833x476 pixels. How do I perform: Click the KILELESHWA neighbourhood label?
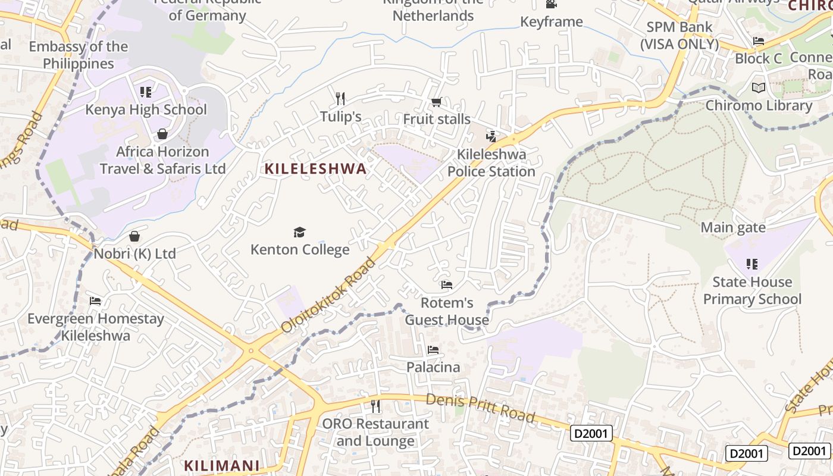click(x=315, y=169)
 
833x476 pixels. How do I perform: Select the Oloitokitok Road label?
click(x=330, y=295)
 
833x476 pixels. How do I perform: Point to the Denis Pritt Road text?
click(x=481, y=408)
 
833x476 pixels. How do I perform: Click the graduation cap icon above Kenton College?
click(x=299, y=232)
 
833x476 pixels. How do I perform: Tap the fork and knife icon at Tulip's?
click(x=340, y=98)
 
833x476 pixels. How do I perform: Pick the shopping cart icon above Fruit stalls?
click(x=436, y=102)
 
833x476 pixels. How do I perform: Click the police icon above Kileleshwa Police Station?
click(x=491, y=137)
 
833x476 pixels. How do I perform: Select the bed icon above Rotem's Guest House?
click(x=447, y=285)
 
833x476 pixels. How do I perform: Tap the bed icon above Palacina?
click(x=433, y=350)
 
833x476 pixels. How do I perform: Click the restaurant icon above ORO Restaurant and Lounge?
click(x=375, y=406)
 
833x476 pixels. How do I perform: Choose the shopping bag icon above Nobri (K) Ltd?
click(x=134, y=236)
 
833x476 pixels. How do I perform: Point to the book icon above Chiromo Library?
click(x=758, y=88)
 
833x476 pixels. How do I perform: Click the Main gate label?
click(x=733, y=227)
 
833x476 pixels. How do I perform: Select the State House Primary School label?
click(x=752, y=290)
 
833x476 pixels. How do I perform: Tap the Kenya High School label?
click(x=146, y=109)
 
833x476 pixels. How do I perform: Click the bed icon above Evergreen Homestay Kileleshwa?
click(x=95, y=301)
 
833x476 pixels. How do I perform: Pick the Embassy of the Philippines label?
click(x=78, y=55)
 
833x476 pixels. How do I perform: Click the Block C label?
click(x=758, y=58)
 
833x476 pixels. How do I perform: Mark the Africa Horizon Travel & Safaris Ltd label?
click(x=162, y=160)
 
